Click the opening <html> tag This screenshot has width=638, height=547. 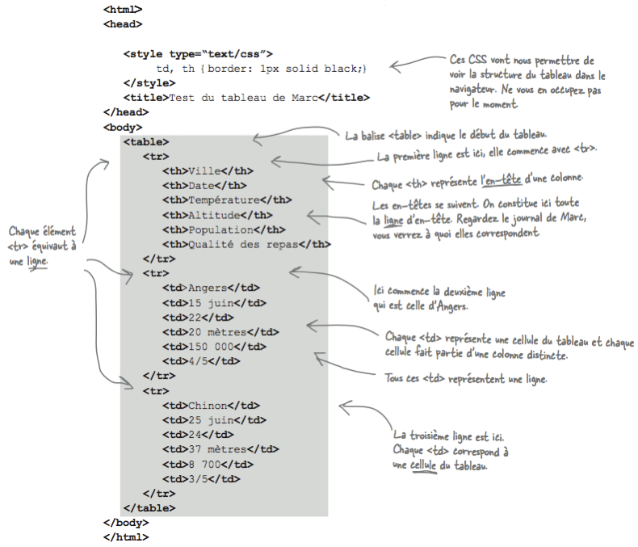(x=123, y=9)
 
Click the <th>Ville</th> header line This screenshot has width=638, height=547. (x=208, y=170)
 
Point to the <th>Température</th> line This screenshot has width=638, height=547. (x=227, y=200)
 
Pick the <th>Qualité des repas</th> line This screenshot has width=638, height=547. (x=246, y=244)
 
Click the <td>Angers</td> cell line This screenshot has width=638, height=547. (x=211, y=288)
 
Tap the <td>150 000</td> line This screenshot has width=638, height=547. (x=214, y=347)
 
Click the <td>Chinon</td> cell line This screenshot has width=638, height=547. (x=211, y=405)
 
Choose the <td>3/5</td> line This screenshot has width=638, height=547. (x=201, y=478)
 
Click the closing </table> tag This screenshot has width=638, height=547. (x=149, y=508)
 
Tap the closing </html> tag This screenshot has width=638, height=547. (x=126, y=537)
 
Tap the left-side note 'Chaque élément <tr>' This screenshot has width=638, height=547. (x=42, y=246)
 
